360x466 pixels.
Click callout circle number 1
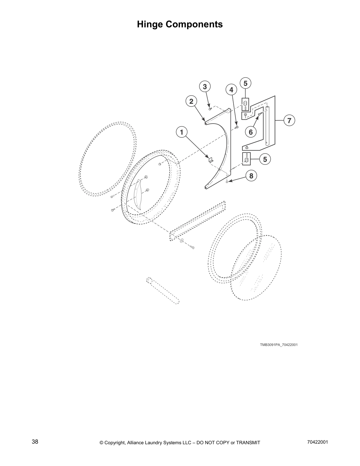[182, 132]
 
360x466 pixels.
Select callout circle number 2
[191, 101]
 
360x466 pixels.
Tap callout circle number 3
[205, 86]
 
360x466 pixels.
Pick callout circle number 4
[231, 90]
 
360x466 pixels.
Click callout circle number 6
[251, 132]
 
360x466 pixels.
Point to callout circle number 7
[289, 120]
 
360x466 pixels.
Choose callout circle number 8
[251, 176]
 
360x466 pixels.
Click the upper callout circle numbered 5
[246, 83]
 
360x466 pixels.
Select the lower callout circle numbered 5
[265, 159]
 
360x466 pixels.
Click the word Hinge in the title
[150, 24]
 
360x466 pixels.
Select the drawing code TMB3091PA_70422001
[279, 345]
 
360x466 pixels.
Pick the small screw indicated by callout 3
[209, 109]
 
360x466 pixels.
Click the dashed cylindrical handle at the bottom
[163, 291]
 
